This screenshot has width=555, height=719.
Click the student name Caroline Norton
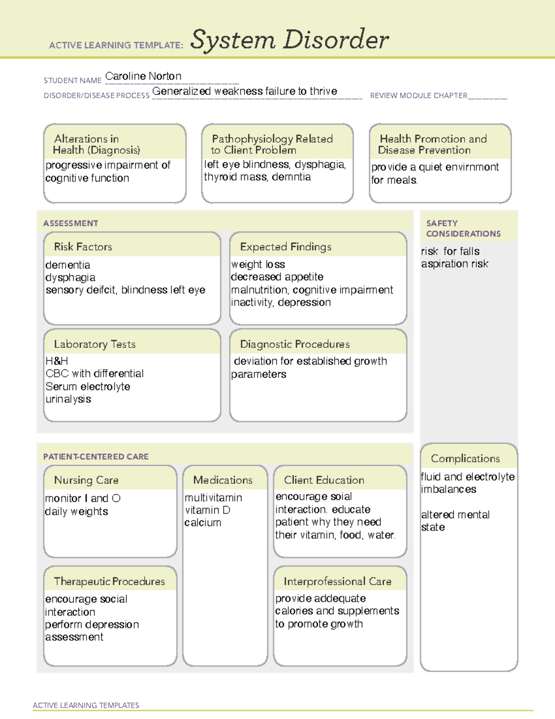(x=143, y=76)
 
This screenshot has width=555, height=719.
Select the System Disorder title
(x=289, y=40)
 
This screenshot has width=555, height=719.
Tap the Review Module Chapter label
(x=419, y=96)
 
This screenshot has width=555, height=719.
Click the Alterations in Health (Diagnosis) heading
(x=96, y=144)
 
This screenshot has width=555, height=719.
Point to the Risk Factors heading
(x=83, y=247)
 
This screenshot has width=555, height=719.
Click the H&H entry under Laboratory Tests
(x=56, y=361)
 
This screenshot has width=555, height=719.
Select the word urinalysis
(x=68, y=399)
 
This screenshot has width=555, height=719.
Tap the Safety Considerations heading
(x=463, y=228)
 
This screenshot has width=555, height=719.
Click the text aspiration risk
(x=454, y=264)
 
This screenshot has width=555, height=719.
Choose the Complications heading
(x=465, y=458)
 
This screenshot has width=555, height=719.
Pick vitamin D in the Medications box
(x=207, y=510)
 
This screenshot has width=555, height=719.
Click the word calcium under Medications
(x=203, y=523)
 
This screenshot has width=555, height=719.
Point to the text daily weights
(x=76, y=512)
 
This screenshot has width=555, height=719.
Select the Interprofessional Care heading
(x=337, y=581)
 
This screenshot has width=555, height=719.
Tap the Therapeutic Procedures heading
(x=109, y=581)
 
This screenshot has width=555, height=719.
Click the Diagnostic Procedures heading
(x=295, y=344)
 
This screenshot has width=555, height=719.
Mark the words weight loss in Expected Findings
(x=258, y=264)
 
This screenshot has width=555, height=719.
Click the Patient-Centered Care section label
(x=96, y=456)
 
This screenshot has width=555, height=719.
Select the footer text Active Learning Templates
(x=86, y=705)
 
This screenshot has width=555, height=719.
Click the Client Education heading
(x=324, y=480)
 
